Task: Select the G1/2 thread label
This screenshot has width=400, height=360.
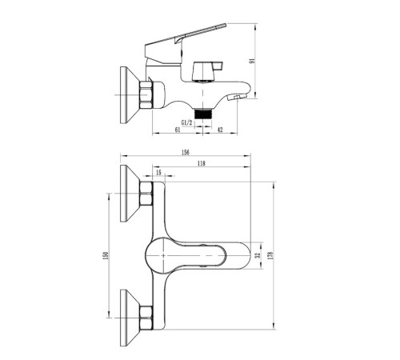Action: click(186, 122)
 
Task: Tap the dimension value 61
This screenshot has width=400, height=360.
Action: click(178, 130)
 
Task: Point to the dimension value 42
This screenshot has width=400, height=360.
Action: click(220, 130)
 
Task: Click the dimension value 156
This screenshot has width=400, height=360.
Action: click(185, 152)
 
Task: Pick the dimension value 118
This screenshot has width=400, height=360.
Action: click(202, 163)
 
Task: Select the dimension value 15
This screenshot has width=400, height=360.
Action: click(158, 173)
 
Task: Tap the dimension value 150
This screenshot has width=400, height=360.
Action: click(106, 256)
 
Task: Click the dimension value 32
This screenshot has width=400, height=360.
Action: click(257, 255)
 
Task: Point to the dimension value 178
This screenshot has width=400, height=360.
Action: click(271, 255)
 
